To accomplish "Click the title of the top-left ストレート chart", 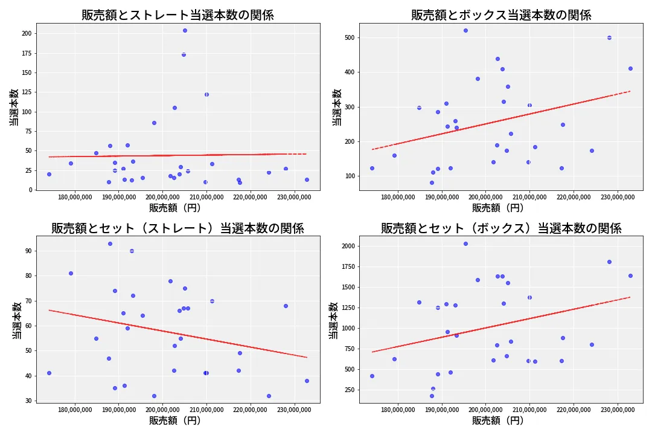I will coord(177,15).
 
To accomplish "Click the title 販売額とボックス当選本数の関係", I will coord(501,15).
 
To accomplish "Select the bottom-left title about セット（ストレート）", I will coord(177,228).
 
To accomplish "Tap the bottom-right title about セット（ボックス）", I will coord(501,228).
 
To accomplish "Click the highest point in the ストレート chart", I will coord(185,30).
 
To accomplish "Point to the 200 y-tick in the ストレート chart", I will coord(27,34).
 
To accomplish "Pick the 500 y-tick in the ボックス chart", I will coord(349,37).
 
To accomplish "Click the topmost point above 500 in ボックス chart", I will coord(465,30).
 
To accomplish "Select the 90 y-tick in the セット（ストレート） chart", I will coord(28,251).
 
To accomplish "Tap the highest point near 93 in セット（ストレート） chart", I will coord(110,243).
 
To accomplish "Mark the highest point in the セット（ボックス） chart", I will coord(465,243).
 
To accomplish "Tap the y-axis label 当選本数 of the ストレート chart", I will coord(13,108).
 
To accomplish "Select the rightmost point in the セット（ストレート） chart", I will coord(307,381).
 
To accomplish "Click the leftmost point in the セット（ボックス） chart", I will coord(372,376).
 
